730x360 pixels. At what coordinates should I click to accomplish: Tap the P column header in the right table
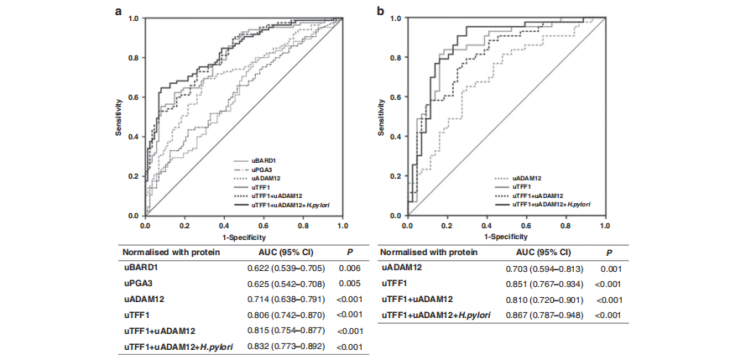pos(608,252)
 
